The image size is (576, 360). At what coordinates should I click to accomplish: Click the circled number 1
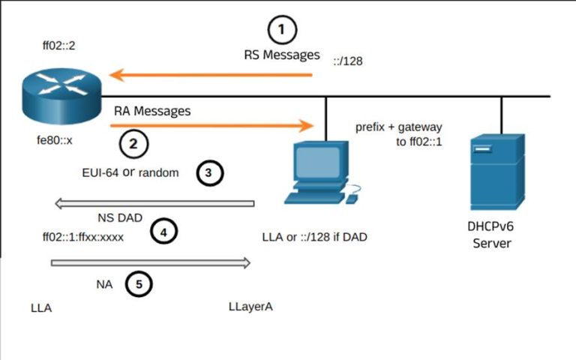pos(282,30)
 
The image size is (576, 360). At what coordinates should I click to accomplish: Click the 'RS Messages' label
pos(281,55)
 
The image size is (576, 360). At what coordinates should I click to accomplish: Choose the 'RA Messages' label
pos(152,111)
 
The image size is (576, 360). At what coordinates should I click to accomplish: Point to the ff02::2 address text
pos(58,46)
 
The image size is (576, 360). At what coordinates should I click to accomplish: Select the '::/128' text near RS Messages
pos(348,61)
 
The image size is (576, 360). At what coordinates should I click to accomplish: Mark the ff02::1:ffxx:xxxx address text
pos(82,237)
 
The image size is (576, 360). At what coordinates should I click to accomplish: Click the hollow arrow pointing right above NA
pos(150,262)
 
